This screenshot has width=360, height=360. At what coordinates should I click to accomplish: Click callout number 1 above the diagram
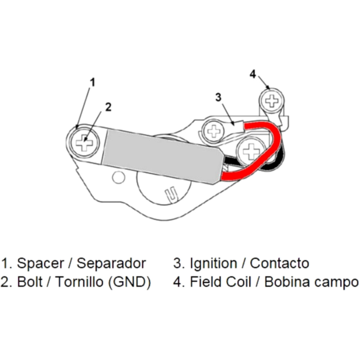pyautogui.click(x=93, y=82)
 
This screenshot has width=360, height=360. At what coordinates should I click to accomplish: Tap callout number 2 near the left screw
pyautogui.click(x=108, y=107)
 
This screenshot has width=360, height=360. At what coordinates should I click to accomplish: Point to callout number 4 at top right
pyautogui.click(x=253, y=74)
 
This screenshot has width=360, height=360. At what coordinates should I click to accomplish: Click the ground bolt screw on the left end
pyautogui.click(x=84, y=143)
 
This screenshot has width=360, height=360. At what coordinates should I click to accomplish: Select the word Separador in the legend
pyautogui.click(x=111, y=264)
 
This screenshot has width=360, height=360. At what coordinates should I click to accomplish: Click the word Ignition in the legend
pyautogui.click(x=212, y=264)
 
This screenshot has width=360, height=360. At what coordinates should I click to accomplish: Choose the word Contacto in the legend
pyautogui.click(x=279, y=264)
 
